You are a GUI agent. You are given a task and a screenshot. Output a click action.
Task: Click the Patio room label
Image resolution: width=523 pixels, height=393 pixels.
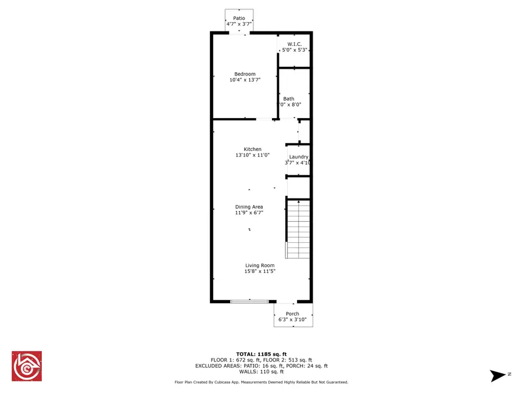(239, 18)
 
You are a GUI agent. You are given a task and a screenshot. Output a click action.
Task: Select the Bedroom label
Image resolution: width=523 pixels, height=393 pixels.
(245, 74)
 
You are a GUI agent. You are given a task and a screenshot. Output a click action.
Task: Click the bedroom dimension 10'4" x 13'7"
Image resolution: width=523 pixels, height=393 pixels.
(245, 80)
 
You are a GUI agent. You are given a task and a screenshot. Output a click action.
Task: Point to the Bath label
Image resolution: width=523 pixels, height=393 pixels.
(289, 99)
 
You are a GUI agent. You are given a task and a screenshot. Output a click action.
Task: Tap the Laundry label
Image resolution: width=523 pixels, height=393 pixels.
(299, 157)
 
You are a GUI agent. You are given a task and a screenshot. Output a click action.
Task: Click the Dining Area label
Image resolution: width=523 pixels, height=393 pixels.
(249, 207)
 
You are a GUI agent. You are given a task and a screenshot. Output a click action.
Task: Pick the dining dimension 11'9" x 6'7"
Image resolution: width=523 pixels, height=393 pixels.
(249, 213)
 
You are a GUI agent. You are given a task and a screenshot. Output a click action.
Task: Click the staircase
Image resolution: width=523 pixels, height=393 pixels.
(299, 228)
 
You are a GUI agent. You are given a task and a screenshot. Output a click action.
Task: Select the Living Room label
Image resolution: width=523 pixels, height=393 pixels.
(260, 265)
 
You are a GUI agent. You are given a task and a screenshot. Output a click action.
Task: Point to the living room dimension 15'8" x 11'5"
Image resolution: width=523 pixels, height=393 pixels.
(260, 271)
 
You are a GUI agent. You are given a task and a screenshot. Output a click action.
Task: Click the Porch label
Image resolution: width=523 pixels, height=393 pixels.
(292, 314)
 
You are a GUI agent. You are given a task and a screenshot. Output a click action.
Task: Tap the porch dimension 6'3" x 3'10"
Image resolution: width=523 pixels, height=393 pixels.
(292, 320)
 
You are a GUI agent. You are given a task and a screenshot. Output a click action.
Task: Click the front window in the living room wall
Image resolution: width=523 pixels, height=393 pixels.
(250, 301)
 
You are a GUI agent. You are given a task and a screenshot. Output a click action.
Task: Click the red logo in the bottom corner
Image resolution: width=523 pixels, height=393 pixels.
(27, 366)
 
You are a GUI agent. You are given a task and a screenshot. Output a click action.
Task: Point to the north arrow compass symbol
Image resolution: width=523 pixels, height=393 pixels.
(499, 376)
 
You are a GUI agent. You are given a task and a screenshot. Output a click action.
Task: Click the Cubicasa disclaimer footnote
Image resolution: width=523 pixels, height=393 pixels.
(261, 383)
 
